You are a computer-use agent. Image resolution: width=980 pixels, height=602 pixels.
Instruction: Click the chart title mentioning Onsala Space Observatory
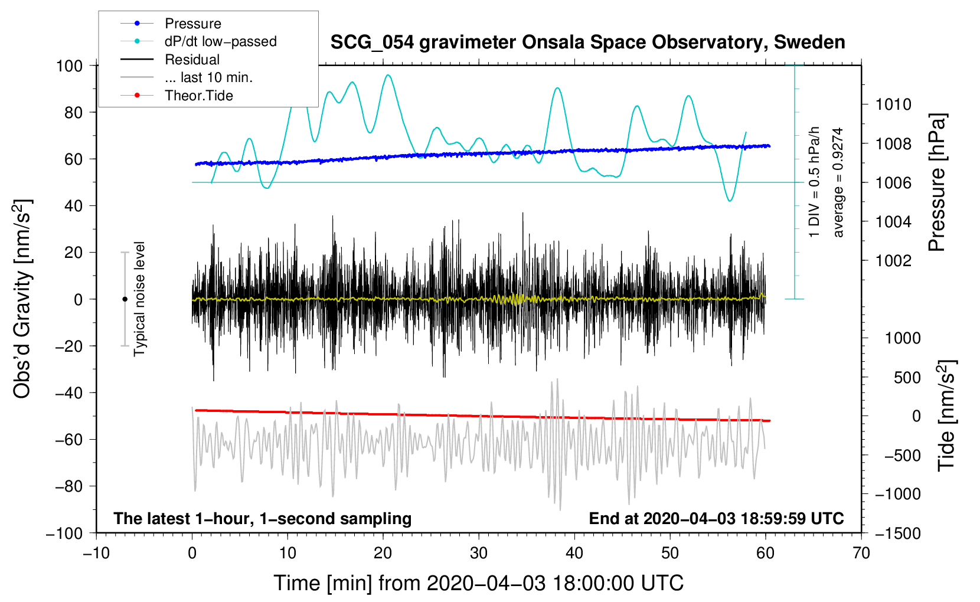(x=587, y=42)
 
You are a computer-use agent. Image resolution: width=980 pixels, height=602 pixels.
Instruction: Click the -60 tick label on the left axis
(x=68, y=439)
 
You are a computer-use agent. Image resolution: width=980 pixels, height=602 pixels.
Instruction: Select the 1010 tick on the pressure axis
(x=893, y=104)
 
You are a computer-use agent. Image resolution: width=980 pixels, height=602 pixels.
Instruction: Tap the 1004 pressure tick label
(x=893, y=222)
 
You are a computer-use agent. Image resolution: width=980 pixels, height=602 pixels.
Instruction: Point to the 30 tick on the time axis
(x=479, y=553)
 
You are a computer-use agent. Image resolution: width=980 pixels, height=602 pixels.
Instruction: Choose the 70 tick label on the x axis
(x=861, y=553)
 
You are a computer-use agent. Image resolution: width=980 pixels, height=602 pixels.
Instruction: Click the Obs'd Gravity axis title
(x=22, y=299)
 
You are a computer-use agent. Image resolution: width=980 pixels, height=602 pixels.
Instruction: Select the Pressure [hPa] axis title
(x=937, y=182)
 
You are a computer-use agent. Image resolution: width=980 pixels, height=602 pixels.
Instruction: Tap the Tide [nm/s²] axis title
(x=947, y=415)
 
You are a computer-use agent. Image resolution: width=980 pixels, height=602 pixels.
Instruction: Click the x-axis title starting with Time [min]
(x=479, y=583)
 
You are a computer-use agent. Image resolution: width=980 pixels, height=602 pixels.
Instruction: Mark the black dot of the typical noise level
(x=125, y=299)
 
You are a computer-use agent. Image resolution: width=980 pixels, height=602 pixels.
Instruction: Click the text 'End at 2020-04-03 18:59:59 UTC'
(x=716, y=518)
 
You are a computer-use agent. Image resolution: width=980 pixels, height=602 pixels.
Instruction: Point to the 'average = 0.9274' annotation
(x=837, y=182)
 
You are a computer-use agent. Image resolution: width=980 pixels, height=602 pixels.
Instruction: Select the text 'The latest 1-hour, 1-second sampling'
(x=263, y=518)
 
